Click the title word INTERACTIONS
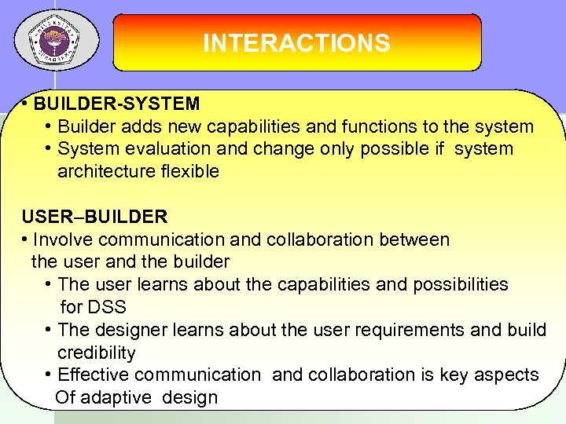[296, 42]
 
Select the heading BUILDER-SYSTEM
[117, 104]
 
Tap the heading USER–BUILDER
[94, 217]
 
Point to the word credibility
[96, 353]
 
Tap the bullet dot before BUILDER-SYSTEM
[26, 104]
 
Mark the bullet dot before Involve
[26, 239]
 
